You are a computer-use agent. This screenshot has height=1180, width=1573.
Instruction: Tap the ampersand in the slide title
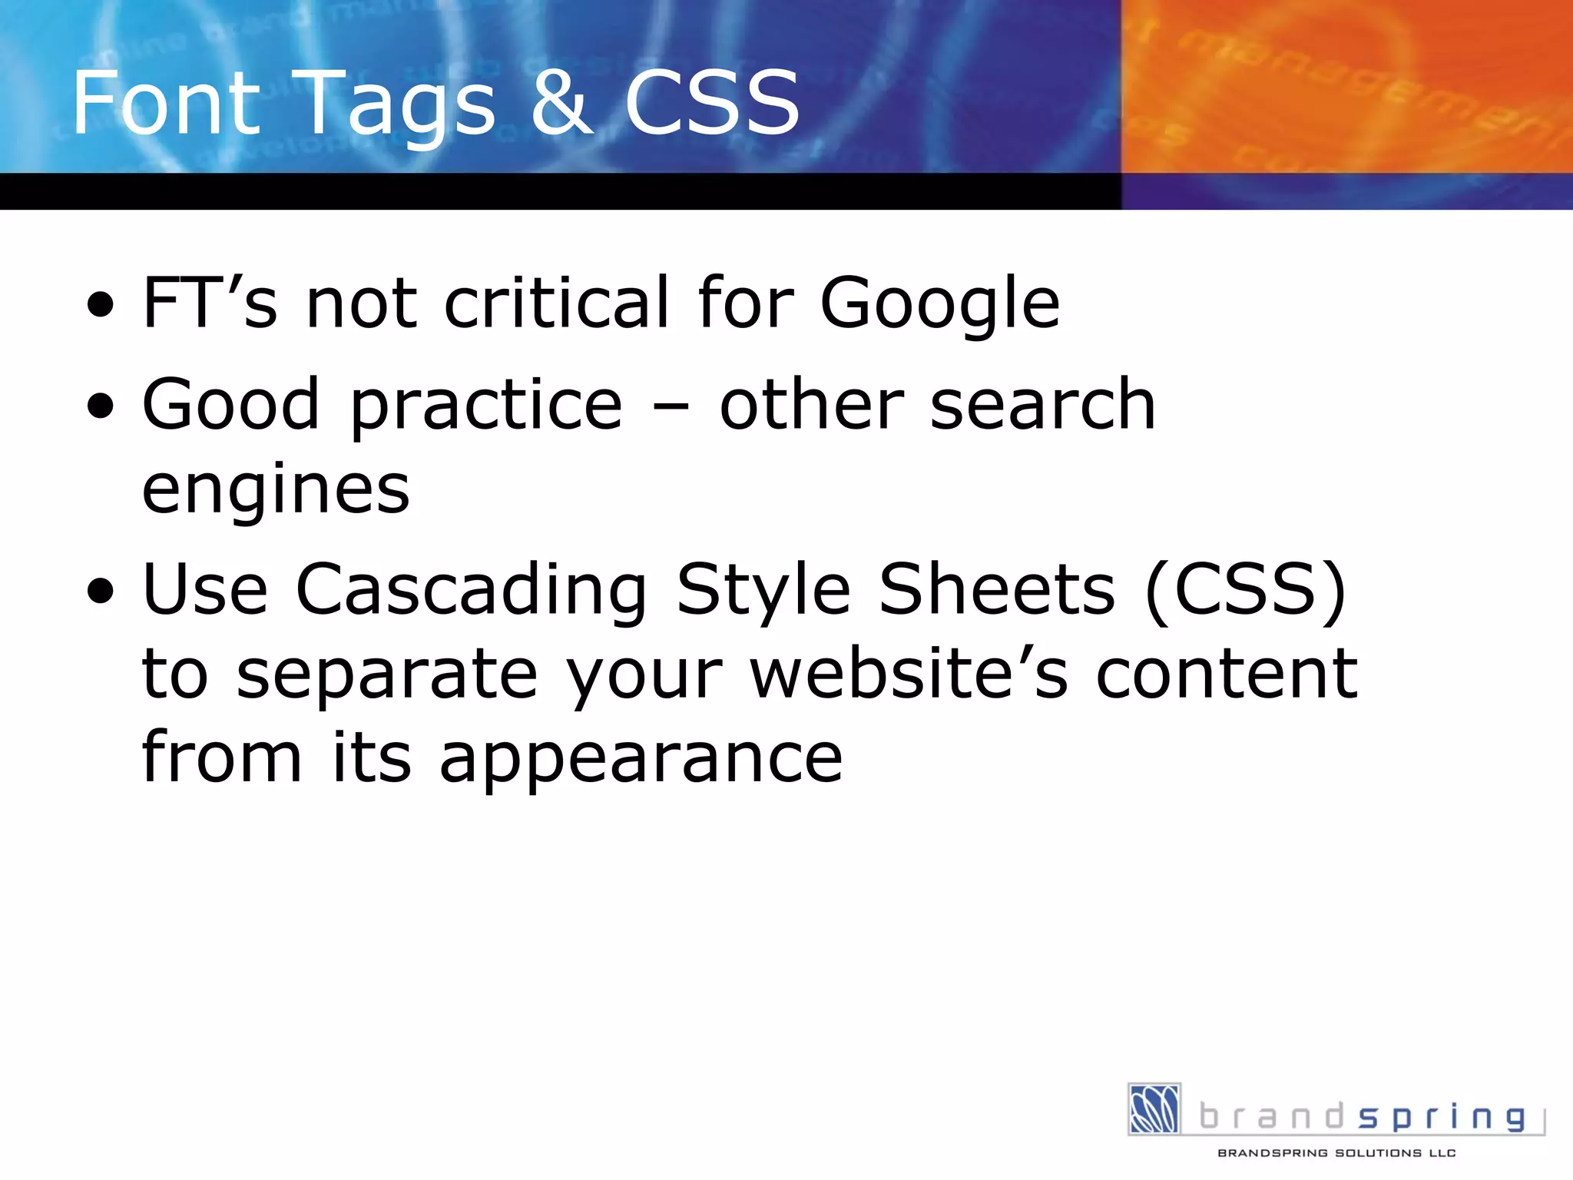pos(562,102)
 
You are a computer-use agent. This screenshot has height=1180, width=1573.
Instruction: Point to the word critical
pos(558,303)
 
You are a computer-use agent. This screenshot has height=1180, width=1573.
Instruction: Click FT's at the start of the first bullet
pos(210,303)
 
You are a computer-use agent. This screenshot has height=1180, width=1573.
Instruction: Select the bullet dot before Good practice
pos(101,406)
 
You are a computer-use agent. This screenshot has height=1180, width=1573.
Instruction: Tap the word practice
pos(486,407)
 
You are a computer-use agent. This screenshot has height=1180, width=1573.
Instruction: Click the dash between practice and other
pos(671,407)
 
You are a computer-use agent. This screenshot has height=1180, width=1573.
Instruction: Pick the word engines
pos(276,492)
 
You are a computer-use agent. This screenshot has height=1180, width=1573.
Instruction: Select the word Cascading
pos(472,592)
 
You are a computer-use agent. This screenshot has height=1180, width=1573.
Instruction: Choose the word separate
pos(386,676)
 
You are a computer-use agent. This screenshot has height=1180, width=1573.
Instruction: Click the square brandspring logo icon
pos(1154,1109)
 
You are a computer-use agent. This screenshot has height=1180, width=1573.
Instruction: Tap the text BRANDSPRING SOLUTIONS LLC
pos(1336,1153)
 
